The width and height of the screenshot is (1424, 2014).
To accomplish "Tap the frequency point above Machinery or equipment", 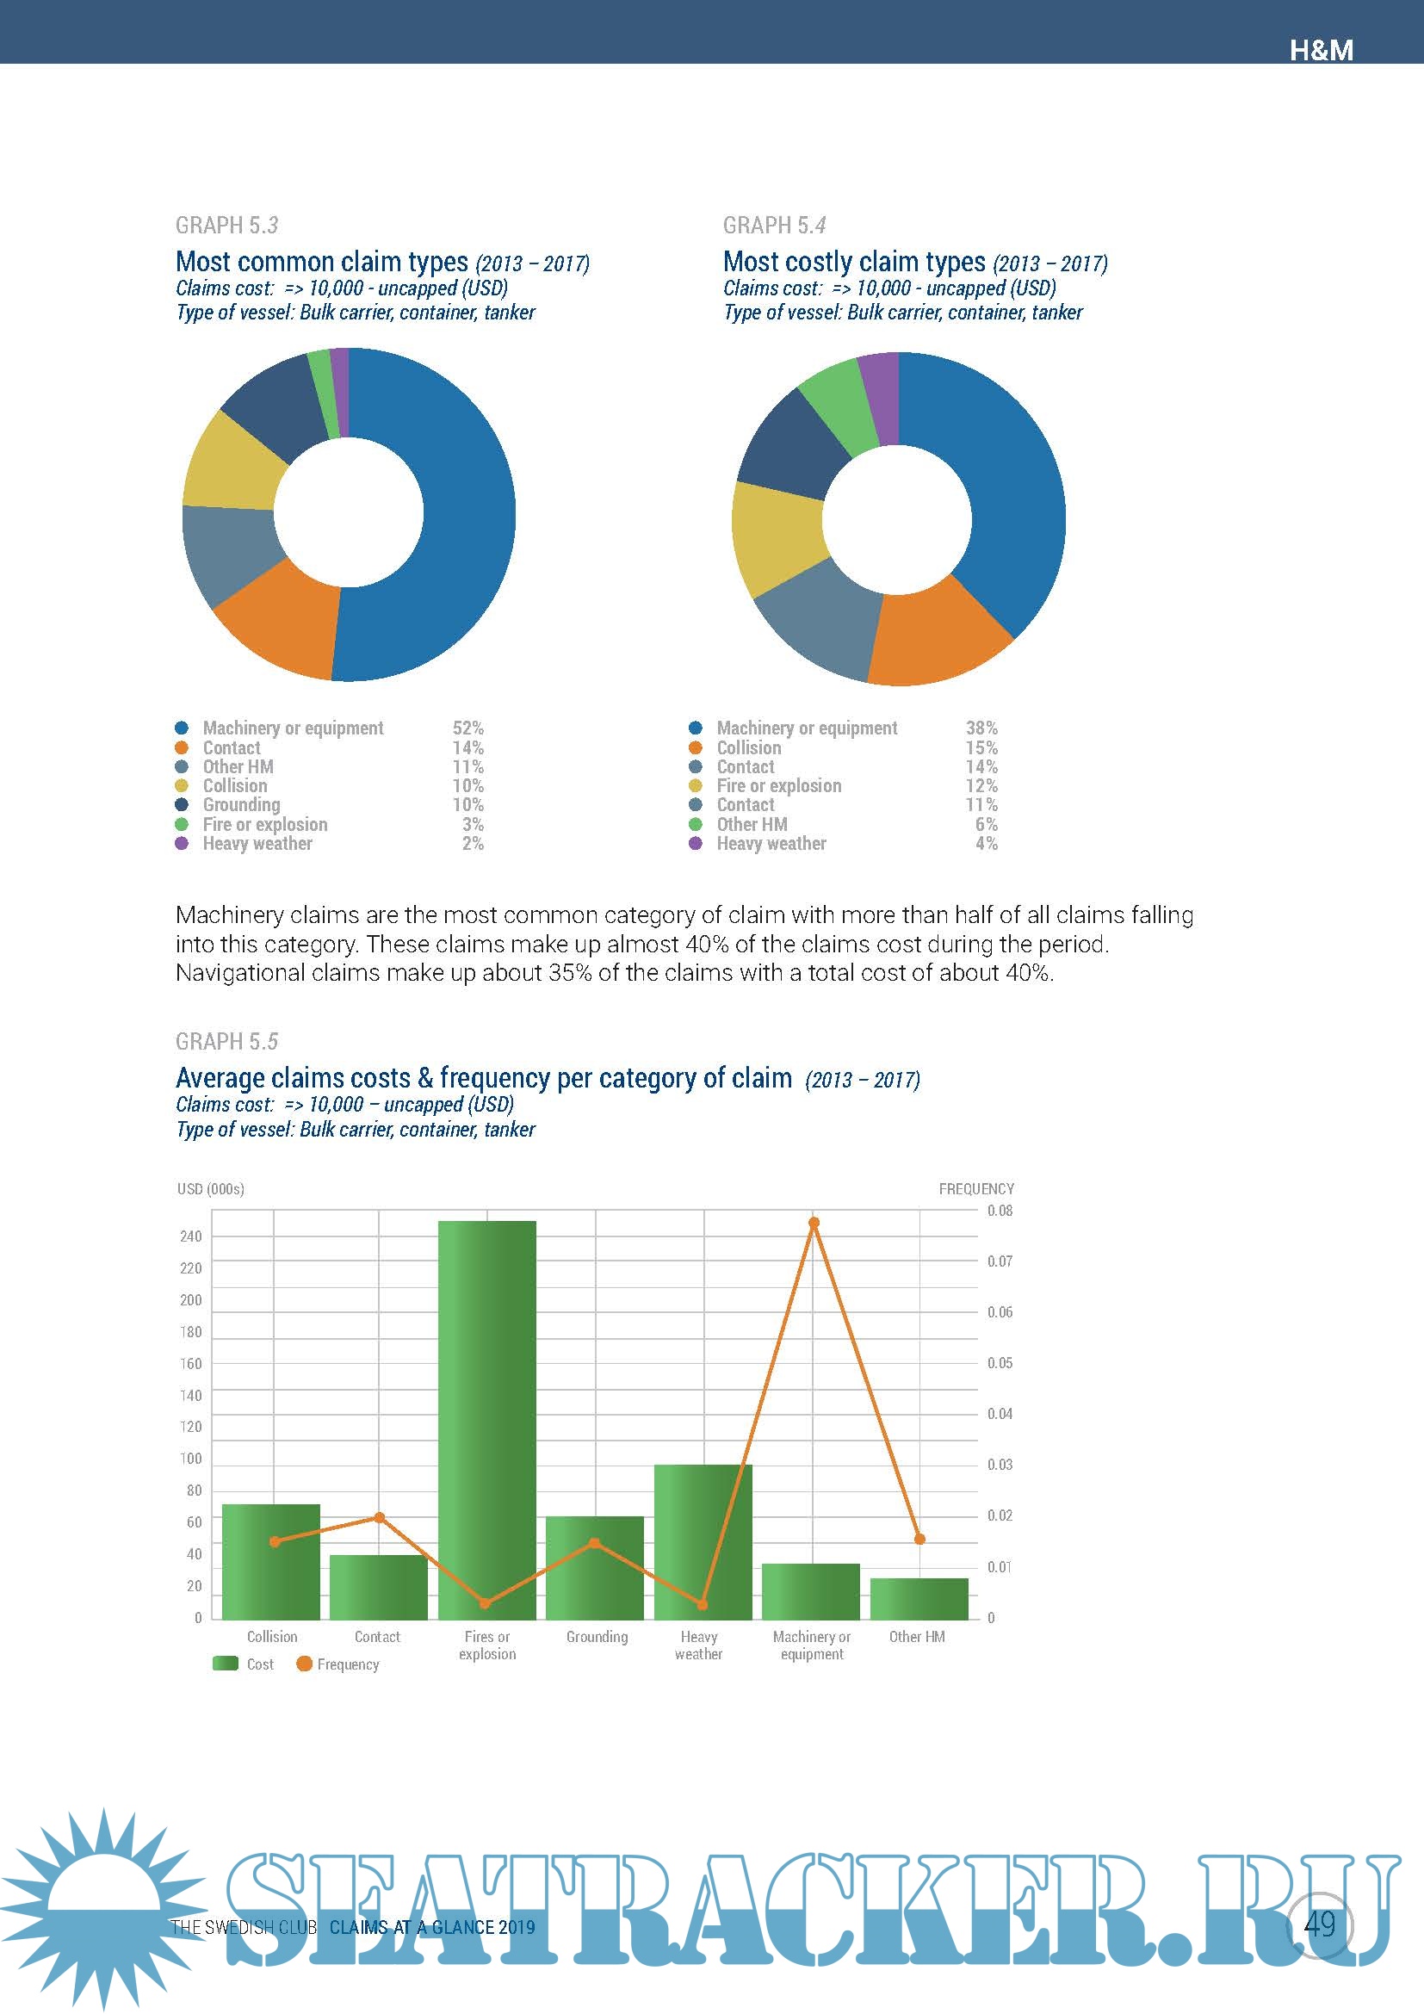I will [x=814, y=1223].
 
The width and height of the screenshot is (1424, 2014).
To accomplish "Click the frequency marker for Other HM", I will [x=919, y=1540].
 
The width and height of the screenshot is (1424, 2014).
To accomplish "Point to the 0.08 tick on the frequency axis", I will [x=1000, y=1211].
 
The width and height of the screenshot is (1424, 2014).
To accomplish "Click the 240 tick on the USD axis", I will [x=190, y=1236].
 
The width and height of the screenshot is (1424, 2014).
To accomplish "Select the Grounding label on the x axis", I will [x=597, y=1637].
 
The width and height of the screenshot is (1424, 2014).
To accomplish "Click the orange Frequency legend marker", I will [x=304, y=1664].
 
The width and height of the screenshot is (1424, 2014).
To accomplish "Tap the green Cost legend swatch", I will [x=226, y=1664].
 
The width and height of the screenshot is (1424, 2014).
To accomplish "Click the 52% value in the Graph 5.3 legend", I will [x=467, y=728].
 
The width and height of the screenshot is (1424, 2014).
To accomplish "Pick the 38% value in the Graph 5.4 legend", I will [x=981, y=728].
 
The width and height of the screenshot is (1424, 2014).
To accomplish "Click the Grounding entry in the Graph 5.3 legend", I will [x=241, y=804].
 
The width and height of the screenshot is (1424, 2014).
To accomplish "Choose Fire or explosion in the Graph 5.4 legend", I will [x=778, y=786].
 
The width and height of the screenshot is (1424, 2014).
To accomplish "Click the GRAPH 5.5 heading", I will [x=226, y=1041].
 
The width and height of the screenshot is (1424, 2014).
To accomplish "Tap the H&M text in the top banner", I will [x=1321, y=50].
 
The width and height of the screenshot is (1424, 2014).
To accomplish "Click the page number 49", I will [x=1319, y=1924].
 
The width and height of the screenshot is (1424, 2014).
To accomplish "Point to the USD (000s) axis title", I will [x=210, y=1188].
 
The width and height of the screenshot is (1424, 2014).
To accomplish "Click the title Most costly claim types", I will [x=854, y=262].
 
